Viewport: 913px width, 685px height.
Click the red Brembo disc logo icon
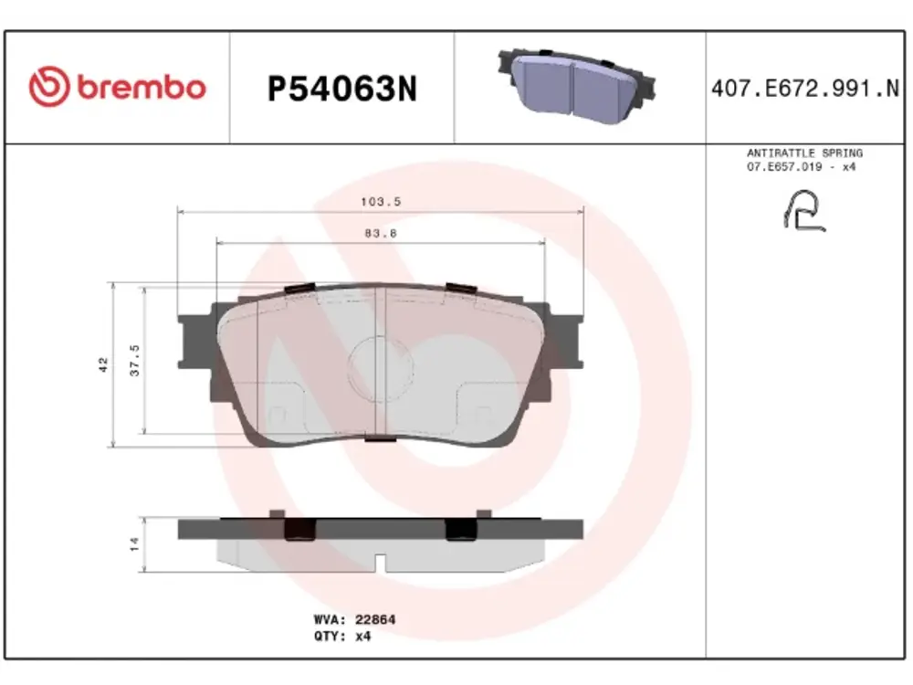pyautogui.click(x=49, y=86)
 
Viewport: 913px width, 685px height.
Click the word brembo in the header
pyautogui.click(x=142, y=88)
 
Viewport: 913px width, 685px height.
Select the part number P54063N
pyautogui.click(x=342, y=90)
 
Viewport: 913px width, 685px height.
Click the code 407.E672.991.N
pyautogui.click(x=805, y=90)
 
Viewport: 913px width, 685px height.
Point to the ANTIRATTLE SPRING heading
pyautogui.click(x=804, y=153)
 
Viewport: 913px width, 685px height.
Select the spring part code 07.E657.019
pyautogui.click(x=784, y=167)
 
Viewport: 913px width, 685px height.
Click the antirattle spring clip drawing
pyautogui.click(x=804, y=211)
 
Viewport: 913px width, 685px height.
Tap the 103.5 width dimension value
pyautogui.click(x=381, y=202)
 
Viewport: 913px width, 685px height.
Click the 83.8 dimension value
pyautogui.click(x=381, y=233)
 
